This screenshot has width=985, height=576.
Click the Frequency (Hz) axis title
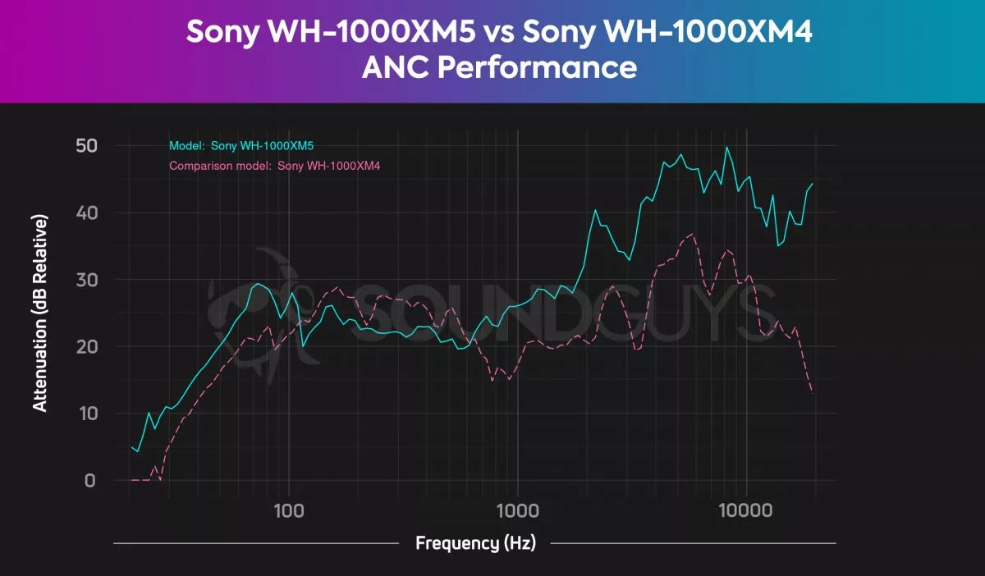(x=475, y=543)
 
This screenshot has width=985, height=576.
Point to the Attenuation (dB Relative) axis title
(x=39, y=313)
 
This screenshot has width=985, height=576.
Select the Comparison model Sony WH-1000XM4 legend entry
(x=274, y=166)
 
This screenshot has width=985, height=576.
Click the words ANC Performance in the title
(x=499, y=67)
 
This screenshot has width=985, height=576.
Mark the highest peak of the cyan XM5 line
(x=726, y=148)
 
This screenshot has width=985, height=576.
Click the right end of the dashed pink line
(x=813, y=394)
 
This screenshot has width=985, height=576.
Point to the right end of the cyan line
(x=813, y=184)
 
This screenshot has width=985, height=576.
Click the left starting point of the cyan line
(x=131, y=447)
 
